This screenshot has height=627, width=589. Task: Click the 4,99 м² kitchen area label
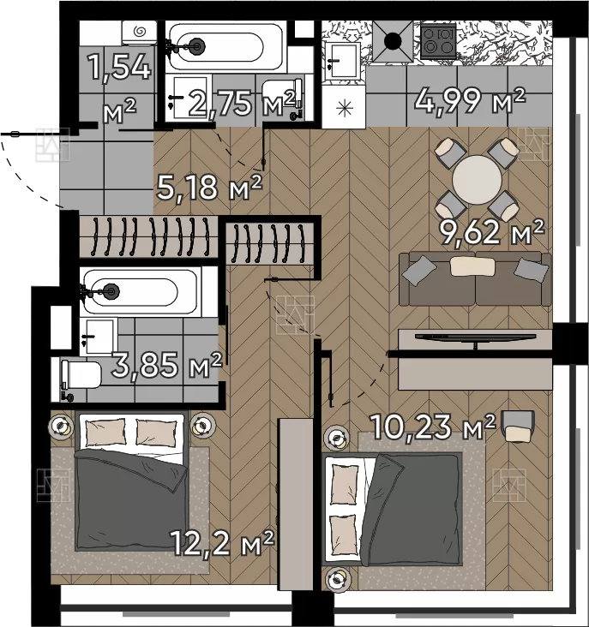(469, 102)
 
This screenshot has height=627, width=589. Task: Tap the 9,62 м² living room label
(492, 232)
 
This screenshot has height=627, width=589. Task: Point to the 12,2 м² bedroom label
(222, 542)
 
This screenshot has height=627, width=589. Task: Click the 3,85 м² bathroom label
(166, 365)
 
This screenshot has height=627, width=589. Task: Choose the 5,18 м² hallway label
(209, 187)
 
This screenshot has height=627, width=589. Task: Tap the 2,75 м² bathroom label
(242, 103)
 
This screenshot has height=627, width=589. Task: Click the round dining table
(477, 180)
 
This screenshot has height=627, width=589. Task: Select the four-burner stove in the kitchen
(439, 41)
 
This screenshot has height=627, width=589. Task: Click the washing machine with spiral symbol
(139, 33)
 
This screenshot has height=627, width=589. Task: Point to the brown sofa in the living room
(475, 278)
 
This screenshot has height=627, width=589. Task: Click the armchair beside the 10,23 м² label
(519, 427)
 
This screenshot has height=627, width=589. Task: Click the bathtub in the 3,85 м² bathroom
(139, 291)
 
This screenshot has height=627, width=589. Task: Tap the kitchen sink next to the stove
(343, 61)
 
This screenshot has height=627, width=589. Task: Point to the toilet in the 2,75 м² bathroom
(282, 97)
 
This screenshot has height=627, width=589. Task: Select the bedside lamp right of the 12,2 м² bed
(202, 426)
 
